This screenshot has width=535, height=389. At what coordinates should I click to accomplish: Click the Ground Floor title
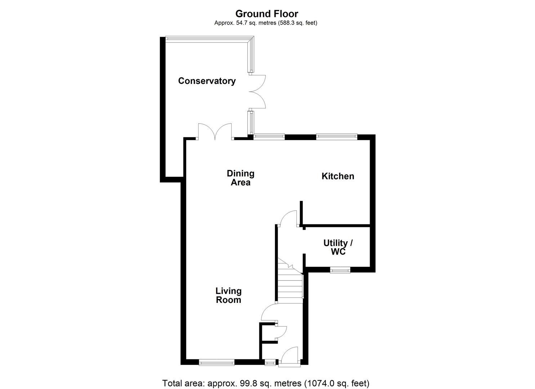coord(267,14)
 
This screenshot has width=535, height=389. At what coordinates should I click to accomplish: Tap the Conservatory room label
coord(207,81)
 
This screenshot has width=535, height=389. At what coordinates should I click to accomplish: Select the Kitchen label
coord(338,176)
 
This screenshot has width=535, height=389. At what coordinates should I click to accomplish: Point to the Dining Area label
coord(240,178)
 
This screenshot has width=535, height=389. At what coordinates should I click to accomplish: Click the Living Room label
coord(228,295)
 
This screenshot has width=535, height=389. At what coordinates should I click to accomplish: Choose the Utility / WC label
coord(338,247)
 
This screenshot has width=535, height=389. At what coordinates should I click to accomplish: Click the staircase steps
coord(290,285)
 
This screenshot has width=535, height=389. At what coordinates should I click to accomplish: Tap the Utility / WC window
coord(340,270)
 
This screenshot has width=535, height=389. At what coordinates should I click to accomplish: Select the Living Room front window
coord(217,362)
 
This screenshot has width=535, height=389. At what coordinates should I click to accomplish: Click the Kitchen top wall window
coord(336,137)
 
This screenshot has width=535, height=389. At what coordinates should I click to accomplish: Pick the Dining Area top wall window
coord(269,137)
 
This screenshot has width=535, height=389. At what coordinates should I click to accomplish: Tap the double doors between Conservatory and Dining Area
coord(215,132)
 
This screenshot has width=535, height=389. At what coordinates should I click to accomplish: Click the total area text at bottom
coord(266,383)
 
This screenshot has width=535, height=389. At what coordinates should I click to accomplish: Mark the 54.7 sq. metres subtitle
coord(266,23)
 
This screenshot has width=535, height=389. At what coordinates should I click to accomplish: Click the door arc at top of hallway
coord(289,219)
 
